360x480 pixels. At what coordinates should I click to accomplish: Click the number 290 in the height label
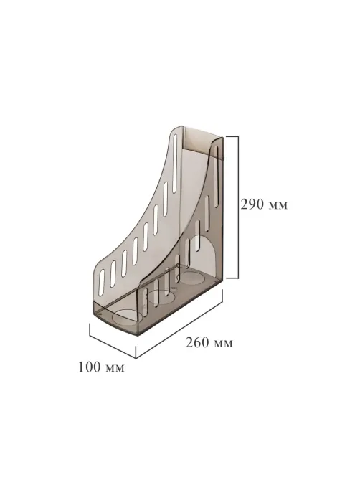point(252,204)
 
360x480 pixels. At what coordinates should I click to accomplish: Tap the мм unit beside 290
point(278,206)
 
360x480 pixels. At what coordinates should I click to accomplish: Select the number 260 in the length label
point(197,342)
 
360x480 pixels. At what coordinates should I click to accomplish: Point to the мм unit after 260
point(223,344)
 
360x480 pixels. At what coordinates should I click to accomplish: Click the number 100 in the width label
point(90,367)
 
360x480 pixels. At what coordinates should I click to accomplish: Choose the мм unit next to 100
point(115,368)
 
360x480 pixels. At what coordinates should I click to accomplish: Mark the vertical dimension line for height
point(238,207)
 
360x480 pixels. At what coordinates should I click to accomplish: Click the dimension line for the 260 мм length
point(179,324)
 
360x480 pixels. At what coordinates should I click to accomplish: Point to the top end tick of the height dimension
point(232,136)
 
